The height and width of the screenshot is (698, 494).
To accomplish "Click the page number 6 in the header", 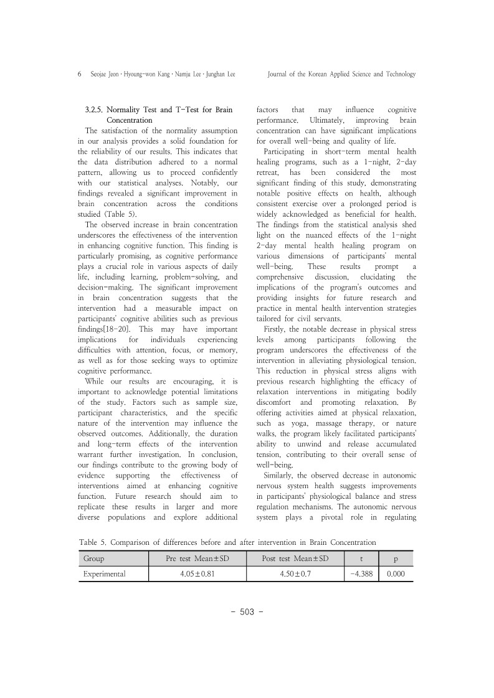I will (80, 74).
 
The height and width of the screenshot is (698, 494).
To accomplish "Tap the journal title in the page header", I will (341, 74).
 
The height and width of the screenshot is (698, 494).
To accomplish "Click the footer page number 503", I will (247, 612).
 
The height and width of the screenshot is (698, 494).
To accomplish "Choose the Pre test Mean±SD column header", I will (197, 559).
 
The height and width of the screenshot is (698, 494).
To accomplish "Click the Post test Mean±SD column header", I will (295, 559).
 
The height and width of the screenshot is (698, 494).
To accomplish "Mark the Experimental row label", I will (105, 574).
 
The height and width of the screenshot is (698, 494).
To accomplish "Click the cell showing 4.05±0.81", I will (197, 574).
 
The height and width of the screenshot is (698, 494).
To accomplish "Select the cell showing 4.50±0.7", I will (295, 574).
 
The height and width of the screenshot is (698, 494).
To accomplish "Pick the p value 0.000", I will (395, 574).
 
